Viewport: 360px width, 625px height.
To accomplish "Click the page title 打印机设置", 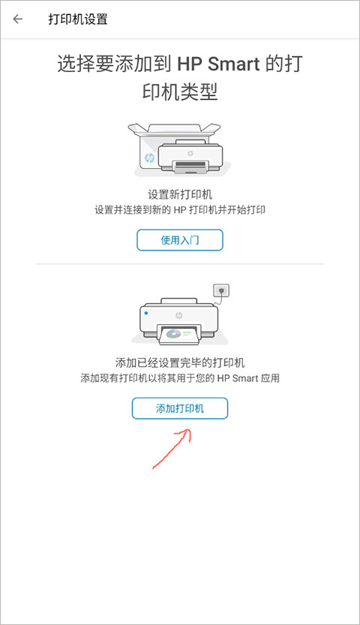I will coord(78,20).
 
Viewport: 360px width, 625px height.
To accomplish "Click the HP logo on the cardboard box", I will coord(149,158).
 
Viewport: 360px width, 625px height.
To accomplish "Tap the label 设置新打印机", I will coord(179,195).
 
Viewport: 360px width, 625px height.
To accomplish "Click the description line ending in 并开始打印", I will coord(179,210).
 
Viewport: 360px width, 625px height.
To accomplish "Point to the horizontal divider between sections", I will coord(179,264).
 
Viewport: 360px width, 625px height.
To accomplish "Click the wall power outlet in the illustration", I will coord(221,290).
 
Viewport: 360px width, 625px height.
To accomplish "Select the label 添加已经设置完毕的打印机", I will coord(179,363).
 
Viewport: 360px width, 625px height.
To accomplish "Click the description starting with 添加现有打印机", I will coord(179,378).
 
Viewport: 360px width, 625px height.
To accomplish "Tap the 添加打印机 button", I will coord(179,408).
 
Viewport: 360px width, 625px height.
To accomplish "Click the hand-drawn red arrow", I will coord(172,449).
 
